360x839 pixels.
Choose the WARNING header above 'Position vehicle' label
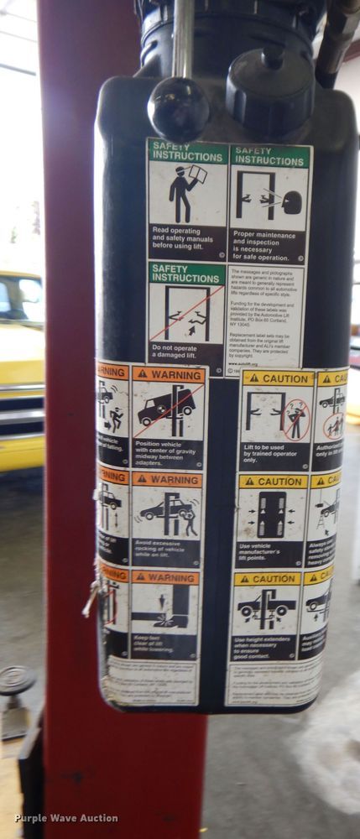coord(168,374)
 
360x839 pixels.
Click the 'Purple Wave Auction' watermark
coord(65,818)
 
